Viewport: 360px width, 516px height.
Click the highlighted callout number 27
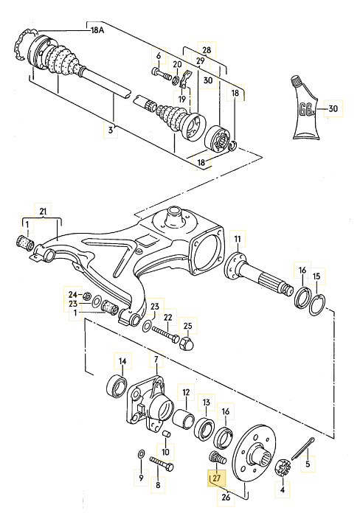216,478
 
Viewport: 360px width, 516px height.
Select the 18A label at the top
97,31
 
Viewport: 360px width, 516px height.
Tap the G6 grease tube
305,108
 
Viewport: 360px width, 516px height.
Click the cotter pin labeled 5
303,448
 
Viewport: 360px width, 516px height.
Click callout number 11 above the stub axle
238,239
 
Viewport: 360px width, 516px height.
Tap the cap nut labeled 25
187,344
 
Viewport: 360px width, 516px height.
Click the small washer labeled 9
140,454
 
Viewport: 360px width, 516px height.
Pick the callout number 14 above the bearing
122,361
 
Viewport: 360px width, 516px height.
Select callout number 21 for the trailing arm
43,212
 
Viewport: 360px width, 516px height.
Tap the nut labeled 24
87,296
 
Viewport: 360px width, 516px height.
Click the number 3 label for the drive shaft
111,130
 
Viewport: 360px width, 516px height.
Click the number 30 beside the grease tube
333,108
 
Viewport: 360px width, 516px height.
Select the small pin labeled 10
167,433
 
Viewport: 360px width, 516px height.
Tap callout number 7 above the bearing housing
156,360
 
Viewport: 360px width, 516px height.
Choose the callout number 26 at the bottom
226,497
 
